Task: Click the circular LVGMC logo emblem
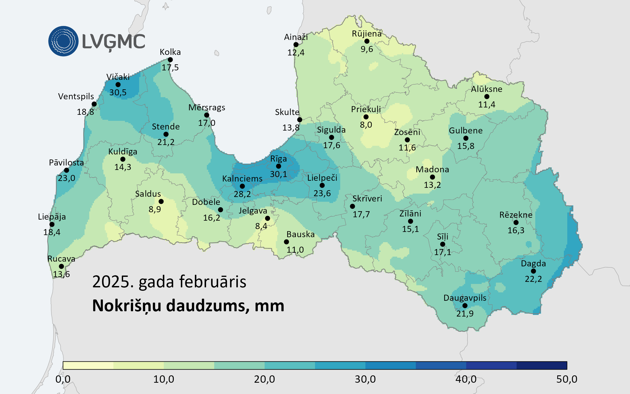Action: pos(63,41)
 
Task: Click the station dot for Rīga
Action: pos(279,166)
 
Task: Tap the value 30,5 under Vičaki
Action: pos(118,92)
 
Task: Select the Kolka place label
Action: pos(170,52)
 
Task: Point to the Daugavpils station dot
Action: pos(465,305)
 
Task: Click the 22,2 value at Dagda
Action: pos(533,279)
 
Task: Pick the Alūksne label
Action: pos(486,89)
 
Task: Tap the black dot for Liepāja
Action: pos(52,224)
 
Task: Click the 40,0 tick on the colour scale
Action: pos(466,379)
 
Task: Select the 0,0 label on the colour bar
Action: pos(63,379)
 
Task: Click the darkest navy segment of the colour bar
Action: pos(542,365)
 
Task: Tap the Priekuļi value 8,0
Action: pos(366,125)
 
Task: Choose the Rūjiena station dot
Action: pos(367,41)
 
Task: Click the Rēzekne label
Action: pos(516,215)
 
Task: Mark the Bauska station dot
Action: pos(286,242)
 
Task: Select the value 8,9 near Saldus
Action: pos(155,209)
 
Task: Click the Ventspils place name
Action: pos(76,96)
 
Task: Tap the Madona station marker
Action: pos(432,177)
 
